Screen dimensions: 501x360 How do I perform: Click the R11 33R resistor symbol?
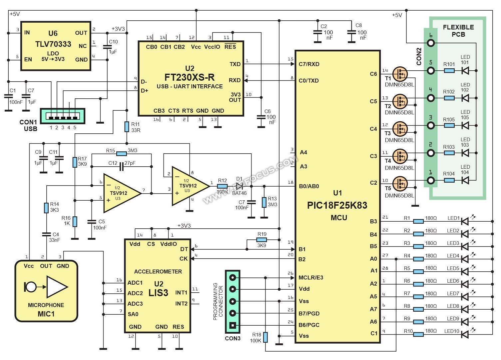(x=127, y=127)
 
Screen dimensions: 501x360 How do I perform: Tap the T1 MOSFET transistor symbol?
(x=400, y=74)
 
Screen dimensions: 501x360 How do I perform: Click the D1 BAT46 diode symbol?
(x=239, y=186)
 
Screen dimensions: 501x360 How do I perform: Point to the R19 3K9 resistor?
(x=261, y=240)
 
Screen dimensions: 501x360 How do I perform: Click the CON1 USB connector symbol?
(x=63, y=116)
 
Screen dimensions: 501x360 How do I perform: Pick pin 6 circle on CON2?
(x=431, y=43)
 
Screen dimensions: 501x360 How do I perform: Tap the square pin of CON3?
(x=233, y=325)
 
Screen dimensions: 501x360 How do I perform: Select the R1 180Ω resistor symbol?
(x=418, y=221)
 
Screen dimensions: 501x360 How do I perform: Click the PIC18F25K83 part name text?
(x=337, y=205)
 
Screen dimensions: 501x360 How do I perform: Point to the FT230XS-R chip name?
(x=190, y=77)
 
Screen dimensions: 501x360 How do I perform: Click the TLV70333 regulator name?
(x=53, y=44)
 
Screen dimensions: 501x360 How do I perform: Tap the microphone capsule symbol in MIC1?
(x=30, y=287)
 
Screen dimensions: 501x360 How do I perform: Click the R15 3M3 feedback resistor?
(x=122, y=154)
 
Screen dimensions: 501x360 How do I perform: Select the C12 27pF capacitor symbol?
(x=122, y=166)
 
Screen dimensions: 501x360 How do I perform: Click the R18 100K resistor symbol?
(x=265, y=337)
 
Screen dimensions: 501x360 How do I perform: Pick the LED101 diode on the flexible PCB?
(x=465, y=71)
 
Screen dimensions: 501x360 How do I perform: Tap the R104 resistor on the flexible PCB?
(x=449, y=180)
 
